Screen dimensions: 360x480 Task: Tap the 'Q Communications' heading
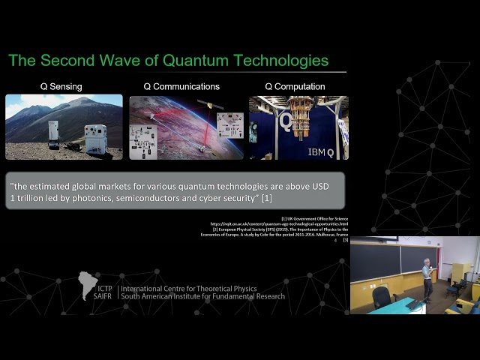pos(184,86)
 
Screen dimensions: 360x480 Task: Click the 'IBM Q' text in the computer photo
pos(325,151)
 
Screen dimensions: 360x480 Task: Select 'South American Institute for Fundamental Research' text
pos(202,296)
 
